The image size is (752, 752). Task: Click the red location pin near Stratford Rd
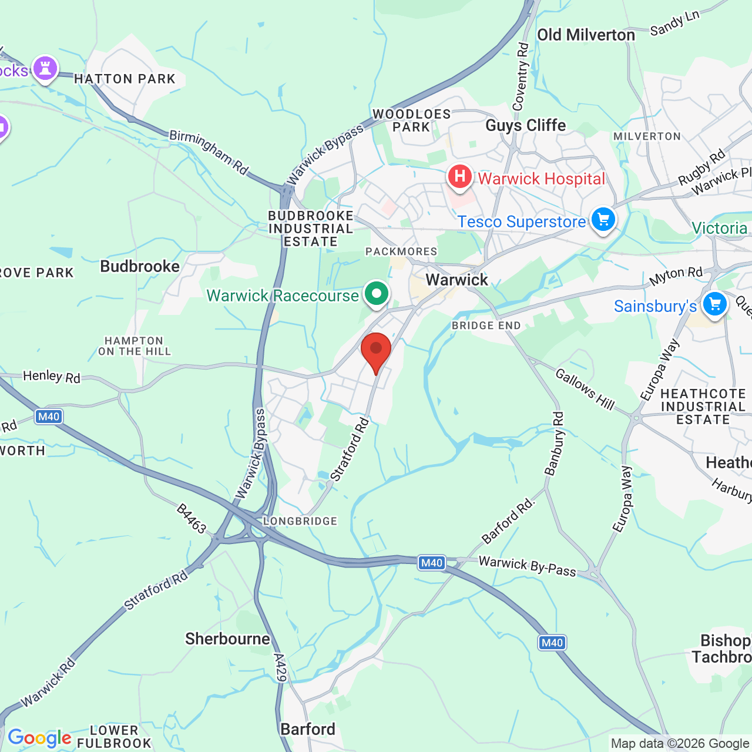click(376, 351)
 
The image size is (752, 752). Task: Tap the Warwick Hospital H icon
click(459, 176)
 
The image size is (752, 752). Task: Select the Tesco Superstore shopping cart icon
click(603, 219)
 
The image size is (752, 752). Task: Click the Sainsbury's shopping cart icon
click(714, 304)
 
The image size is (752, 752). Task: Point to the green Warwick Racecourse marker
click(377, 293)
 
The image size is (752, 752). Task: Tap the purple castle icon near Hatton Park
click(45, 68)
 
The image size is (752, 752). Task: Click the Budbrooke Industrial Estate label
click(311, 229)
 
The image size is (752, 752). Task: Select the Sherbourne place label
click(227, 639)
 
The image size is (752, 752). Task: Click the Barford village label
click(308, 729)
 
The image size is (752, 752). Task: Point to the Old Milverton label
click(586, 35)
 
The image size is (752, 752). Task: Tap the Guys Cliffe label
click(525, 125)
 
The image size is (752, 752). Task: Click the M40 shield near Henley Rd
click(48, 417)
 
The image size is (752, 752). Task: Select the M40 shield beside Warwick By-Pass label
click(432, 562)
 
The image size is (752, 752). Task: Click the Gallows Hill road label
click(584, 389)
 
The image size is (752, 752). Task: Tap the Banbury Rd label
click(555, 443)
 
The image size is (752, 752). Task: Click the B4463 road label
click(192, 519)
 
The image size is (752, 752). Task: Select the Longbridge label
click(300, 521)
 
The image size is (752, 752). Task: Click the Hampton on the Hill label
click(135, 346)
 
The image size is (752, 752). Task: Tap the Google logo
click(39, 738)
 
